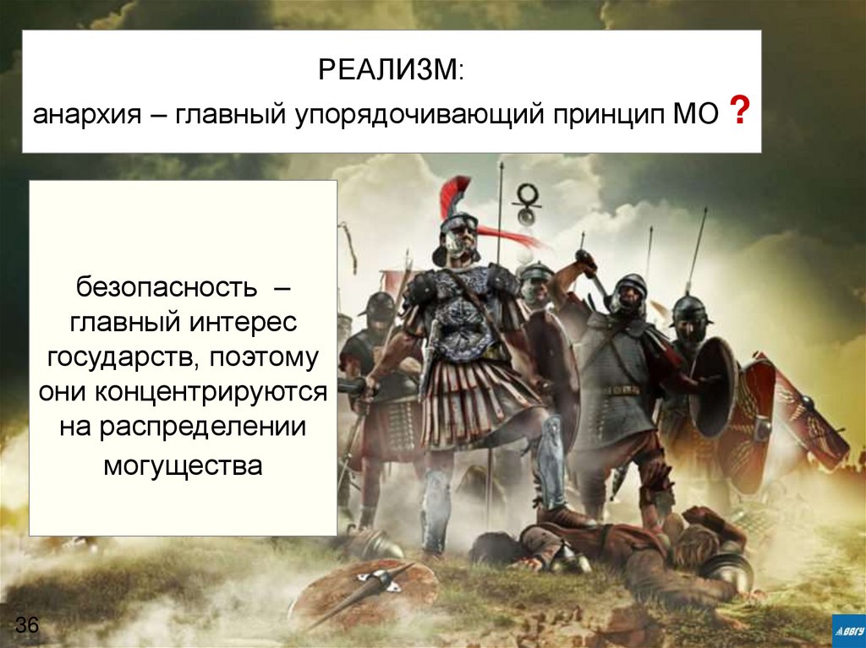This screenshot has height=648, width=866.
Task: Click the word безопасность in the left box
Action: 166,286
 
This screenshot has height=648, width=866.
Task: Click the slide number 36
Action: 27,626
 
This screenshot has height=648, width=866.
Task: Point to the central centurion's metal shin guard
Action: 550,460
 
